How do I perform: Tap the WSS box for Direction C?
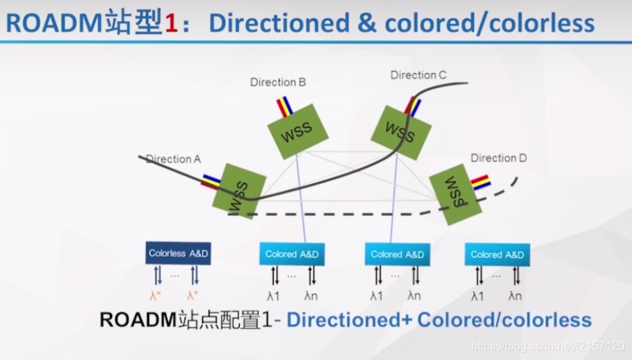click(x=401, y=132)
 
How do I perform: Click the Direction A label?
click(x=173, y=159)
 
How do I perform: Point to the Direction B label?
click(x=278, y=82)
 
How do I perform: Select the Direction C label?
click(x=418, y=75)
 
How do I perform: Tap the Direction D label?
click(x=498, y=158)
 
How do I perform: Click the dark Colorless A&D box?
click(x=178, y=254)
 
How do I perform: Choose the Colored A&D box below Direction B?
click(x=292, y=254)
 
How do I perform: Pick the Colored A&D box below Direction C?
click(x=397, y=254)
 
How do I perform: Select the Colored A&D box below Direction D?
click(x=497, y=254)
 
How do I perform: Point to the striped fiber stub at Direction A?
click(x=211, y=181)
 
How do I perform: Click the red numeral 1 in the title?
click(x=171, y=23)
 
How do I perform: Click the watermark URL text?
click(x=548, y=347)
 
